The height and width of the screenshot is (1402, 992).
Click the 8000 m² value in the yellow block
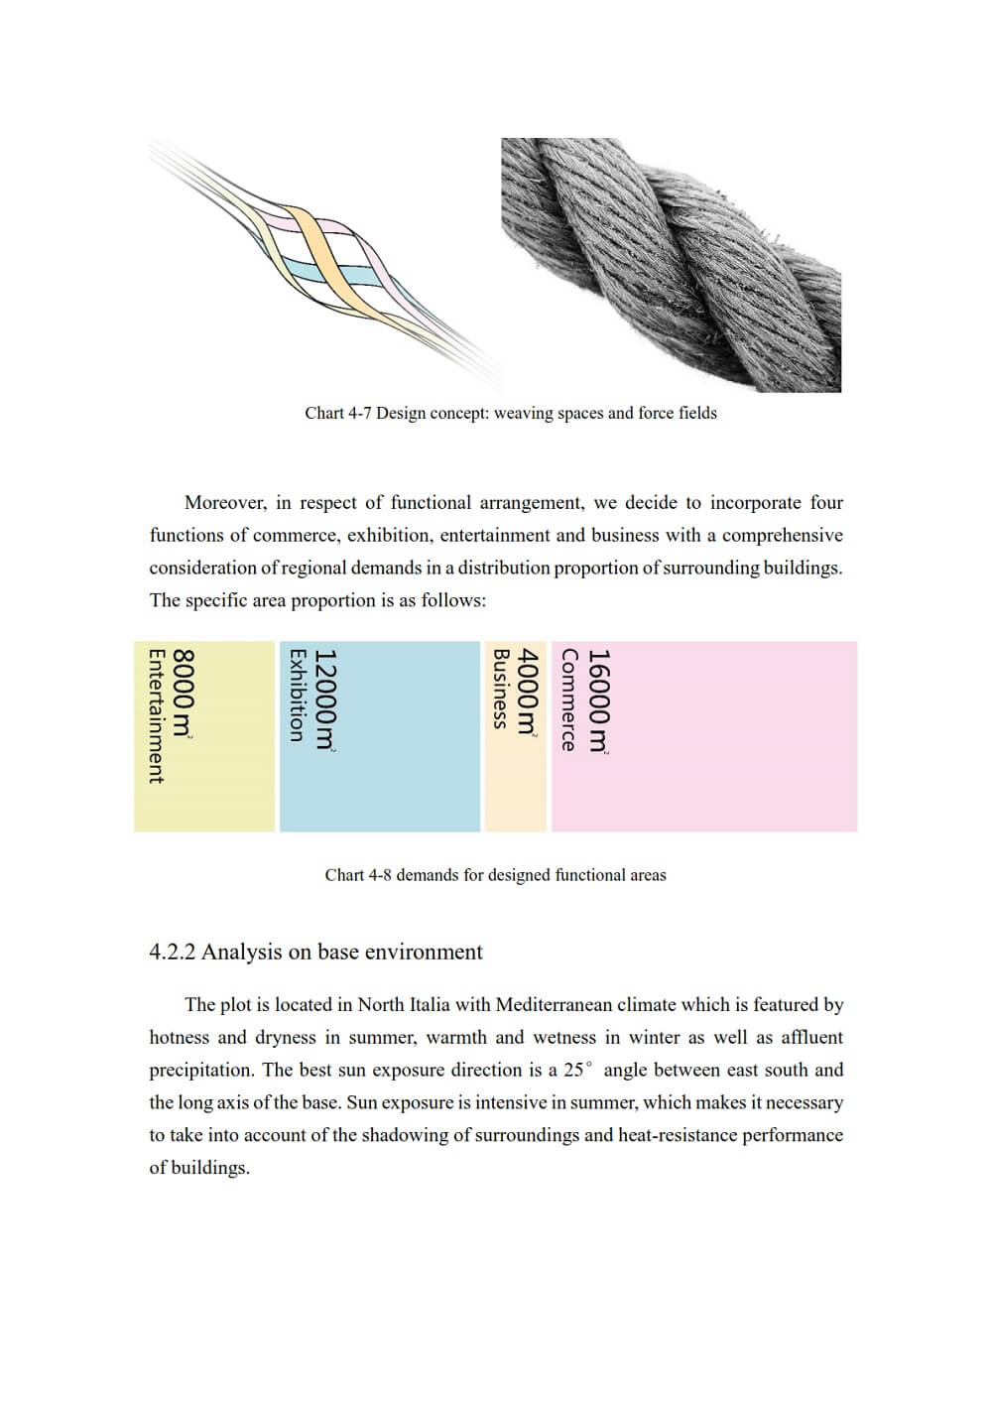pyautogui.click(x=184, y=693)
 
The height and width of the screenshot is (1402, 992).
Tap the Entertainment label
pyautogui.click(x=156, y=715)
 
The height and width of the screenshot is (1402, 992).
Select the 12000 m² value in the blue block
pyautogui.click(x=325, y=700)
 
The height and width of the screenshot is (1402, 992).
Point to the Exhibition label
pyautogui.click(x=296, y=695)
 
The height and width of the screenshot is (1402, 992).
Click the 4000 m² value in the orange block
pyautogui.click(x=530, y=692)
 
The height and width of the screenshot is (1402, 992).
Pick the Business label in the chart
pyautogui.click(x=501, y=689)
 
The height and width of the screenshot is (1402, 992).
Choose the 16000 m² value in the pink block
pyautogui.click(x=599, y=701)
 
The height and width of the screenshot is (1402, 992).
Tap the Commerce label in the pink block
pyautogui.click(x=568, y=700)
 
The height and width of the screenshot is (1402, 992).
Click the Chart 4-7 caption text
pyautogui.click(x=510, y=413)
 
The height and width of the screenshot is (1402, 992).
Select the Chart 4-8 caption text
pyautogui.click(x=495, y=875)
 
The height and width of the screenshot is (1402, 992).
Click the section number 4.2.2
pyautogui.click(x=173, y=953)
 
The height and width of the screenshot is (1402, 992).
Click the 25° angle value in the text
pyautogui.click(x=578, y=1071)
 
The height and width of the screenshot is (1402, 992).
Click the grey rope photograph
pyautogui.click(x=671, y=265)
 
